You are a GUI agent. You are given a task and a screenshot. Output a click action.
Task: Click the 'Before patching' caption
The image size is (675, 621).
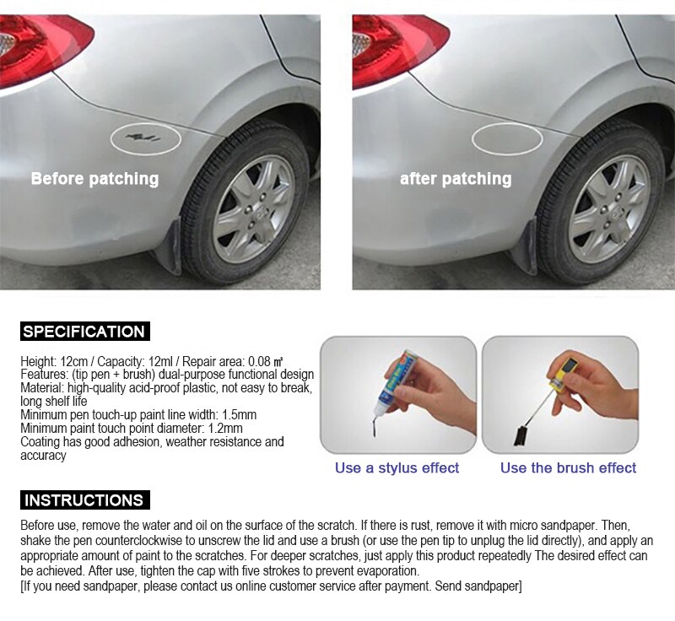tap(94, 179)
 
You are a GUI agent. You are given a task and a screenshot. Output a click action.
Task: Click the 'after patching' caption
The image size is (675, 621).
tap(456, 179)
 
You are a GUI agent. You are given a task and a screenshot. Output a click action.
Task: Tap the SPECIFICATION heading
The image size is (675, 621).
tap(85, 332)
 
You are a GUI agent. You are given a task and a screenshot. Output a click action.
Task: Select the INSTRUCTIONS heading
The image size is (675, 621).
tap(85, 500)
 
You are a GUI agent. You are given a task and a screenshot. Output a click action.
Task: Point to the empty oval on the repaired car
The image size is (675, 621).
tap(506, 138)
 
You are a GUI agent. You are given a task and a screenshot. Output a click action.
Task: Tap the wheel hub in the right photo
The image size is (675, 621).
tap(610, 210)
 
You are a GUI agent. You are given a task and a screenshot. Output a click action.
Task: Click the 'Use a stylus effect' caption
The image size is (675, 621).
tap(397, 467)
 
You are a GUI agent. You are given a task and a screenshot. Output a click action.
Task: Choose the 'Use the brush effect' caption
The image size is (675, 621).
tap(568, 467)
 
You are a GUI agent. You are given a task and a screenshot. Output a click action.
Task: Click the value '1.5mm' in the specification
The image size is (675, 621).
tap(239, 415)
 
